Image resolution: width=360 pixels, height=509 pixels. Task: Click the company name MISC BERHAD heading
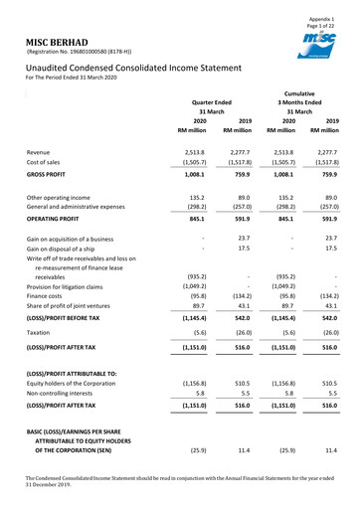(47, 41)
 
